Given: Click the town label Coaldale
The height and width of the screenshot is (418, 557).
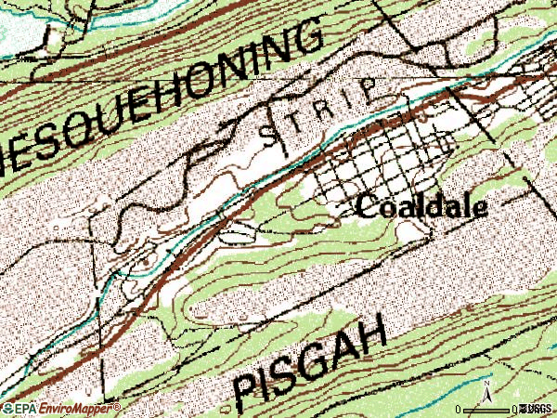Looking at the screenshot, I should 421,206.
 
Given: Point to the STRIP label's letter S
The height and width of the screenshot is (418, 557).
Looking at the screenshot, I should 268,135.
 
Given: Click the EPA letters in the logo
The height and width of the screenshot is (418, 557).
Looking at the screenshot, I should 25,408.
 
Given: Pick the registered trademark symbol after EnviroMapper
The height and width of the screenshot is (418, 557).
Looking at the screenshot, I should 118,406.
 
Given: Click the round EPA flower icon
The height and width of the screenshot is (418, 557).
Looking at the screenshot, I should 7,408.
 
